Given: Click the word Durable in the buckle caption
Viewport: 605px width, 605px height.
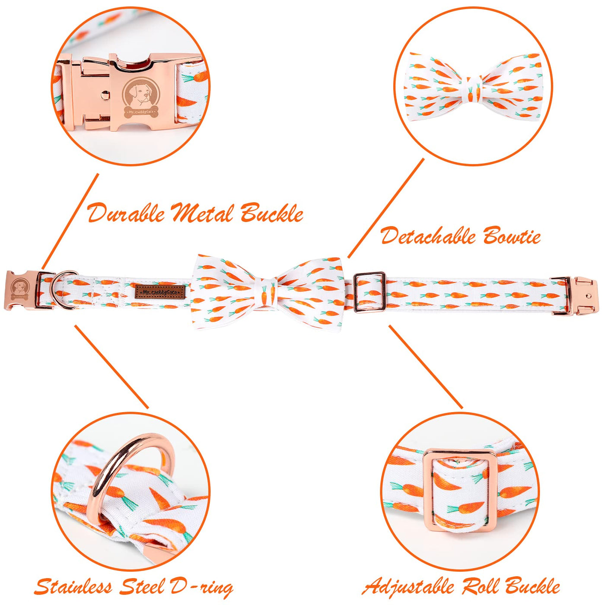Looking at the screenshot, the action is [x=126, y=213].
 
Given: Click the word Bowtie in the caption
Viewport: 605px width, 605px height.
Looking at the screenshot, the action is [x=512, y=236].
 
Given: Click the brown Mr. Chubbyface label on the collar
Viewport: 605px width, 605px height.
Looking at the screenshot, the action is [x=160, y=292].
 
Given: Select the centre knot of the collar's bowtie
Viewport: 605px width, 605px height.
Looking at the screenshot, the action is [x=267, y=293].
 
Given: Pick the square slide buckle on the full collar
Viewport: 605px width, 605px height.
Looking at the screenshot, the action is [x=369, y=293].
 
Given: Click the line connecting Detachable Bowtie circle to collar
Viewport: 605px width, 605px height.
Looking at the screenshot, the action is [x=386, y=208].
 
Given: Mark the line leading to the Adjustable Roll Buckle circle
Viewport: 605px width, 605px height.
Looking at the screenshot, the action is [x=426, y=367].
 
